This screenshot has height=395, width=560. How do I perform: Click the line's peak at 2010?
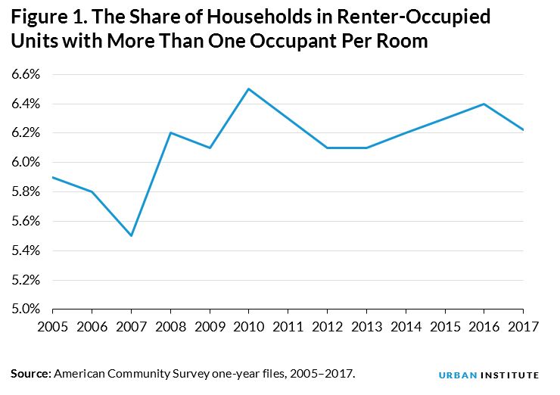[x=249, y=89]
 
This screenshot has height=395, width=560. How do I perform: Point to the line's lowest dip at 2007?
[x=131, y=235]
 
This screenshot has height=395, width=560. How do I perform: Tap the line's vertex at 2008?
[x=170, y=132]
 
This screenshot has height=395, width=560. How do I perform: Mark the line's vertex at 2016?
[x=484, y=104]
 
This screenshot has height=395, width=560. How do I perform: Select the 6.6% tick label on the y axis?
[x=25, y=74]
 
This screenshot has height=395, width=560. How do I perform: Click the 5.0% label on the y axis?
[x=25, y=309]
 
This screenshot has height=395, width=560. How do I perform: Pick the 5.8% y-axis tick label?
[x=25, y=191]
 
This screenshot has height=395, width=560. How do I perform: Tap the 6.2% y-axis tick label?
[x=25, y=132]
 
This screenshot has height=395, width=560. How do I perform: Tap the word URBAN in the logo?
[x=456, y=375]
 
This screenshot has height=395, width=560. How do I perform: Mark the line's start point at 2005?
[x=52, y=177]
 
